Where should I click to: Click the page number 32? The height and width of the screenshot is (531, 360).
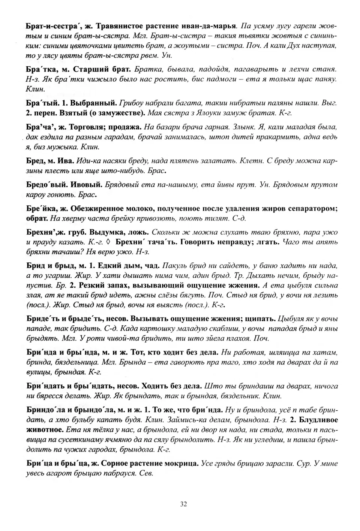183,504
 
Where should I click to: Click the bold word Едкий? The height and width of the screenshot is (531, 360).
110,266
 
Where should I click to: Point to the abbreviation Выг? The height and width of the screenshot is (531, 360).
330,103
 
